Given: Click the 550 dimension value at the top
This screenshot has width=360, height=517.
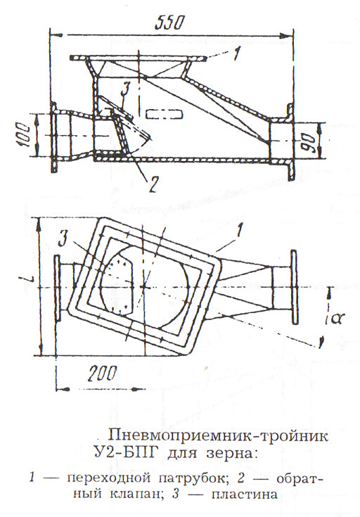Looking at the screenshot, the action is (168, 23).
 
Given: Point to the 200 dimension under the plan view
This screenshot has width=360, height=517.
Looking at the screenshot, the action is (102, 374).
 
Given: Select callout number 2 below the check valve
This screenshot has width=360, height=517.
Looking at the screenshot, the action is (153, 184).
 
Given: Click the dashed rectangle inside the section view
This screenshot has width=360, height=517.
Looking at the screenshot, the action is (164, 115).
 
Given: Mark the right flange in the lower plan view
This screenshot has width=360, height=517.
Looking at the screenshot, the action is (294, 287).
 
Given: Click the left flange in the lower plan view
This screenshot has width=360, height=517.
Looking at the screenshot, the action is (56, 288).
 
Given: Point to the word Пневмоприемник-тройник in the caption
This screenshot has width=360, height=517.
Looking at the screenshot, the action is (219, 437).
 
